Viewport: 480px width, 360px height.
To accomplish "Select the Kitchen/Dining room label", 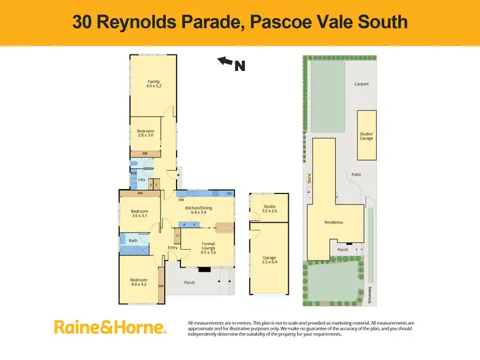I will [x=198, y=210].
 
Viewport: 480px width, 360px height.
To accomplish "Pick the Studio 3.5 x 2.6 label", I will [x=269, y=208].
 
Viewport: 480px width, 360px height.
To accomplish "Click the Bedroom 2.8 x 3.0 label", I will [x=145, y=133].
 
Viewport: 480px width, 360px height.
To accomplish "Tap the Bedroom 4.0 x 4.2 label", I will [x=139, y=282].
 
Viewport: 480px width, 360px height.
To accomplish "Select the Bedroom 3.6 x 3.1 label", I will [x=139, y=213].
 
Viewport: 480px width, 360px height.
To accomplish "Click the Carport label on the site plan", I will [x=362, y=84].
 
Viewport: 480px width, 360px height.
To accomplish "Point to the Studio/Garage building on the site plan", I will [x=367, y=135].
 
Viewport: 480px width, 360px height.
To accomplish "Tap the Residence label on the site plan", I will [x=333, y=222].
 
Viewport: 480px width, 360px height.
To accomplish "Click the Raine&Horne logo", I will [x=110, y=327].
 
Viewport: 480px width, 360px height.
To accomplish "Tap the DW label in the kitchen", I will [x=181, y=200].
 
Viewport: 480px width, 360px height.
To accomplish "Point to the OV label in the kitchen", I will [x=228, y=193].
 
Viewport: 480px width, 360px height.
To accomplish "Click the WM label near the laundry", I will [x=134, y=173].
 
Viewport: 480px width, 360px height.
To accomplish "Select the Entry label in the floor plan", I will [x=172, y=248].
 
